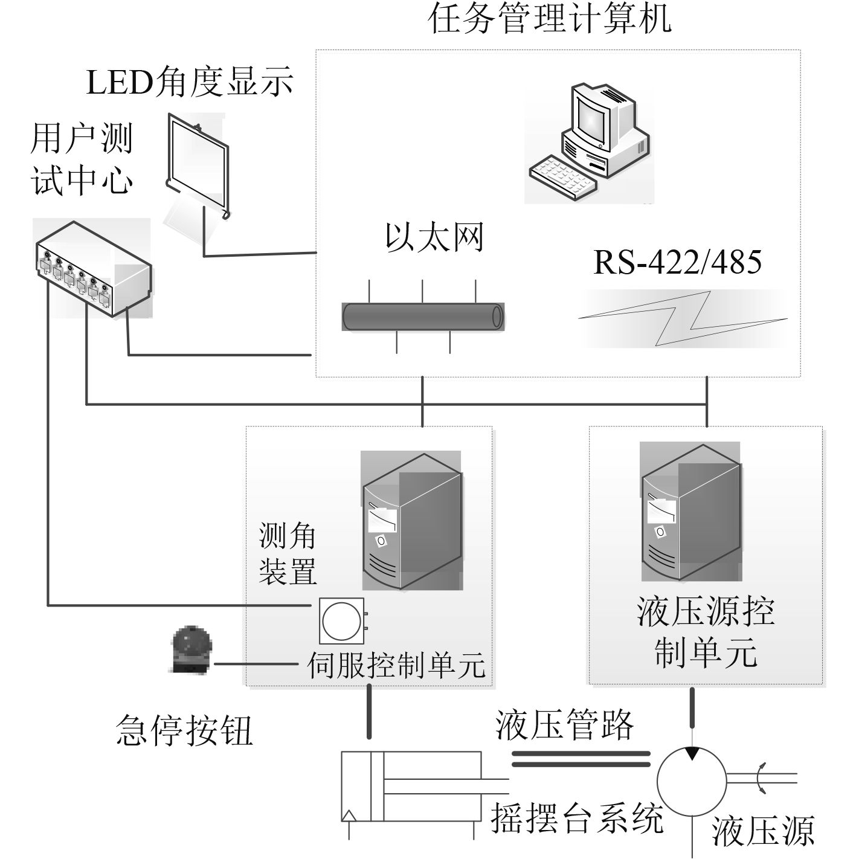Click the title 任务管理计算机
[x=549, y=19]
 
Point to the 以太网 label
[x=434, y=237]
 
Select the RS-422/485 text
[x=677, y=262]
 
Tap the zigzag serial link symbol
[x=683, y=318]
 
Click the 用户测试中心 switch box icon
[x=93, y=269]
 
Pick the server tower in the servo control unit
[x=411, y=521]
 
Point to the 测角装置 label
[x=288, y=552]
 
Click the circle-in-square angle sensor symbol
[x=342, y=621]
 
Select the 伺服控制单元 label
[x=396, y=664]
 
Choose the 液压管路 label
[x=564, y=724]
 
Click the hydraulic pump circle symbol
[x=692, y=779]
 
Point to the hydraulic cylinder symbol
[x=411, y=786]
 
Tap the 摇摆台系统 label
[x=576, y=819]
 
